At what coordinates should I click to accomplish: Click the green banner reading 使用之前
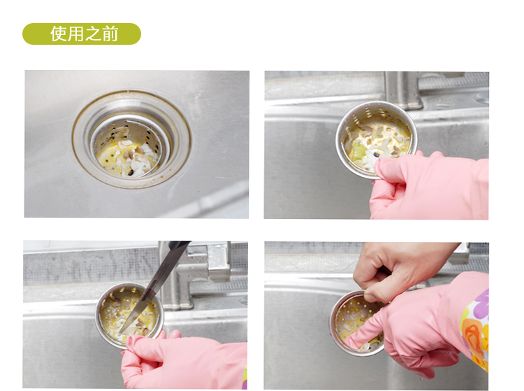click(82, 34)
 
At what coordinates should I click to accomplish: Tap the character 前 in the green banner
click(110, 34)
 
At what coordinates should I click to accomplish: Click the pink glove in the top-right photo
click(431, 185)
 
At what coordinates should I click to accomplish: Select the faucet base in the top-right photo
click(402, 90)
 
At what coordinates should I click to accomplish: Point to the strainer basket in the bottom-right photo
click(356, 322)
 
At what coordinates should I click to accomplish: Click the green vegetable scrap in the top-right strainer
click(358, 150)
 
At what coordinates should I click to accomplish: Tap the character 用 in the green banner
click(76, 34)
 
